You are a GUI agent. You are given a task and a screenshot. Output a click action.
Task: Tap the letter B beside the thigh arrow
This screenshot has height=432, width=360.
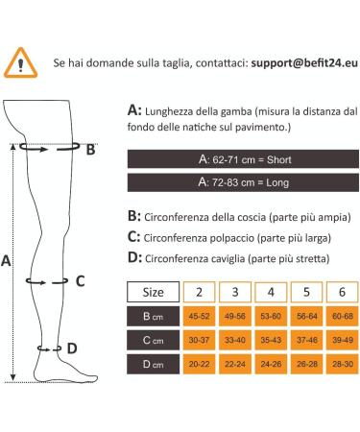pos(90,149)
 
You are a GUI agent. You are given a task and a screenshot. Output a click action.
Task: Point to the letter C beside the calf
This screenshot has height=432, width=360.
pos(81,281)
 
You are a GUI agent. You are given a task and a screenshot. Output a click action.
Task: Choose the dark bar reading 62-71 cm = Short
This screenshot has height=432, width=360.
pos(239,158)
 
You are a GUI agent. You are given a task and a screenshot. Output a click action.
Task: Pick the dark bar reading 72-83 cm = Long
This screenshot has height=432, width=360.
pos(239,181)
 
